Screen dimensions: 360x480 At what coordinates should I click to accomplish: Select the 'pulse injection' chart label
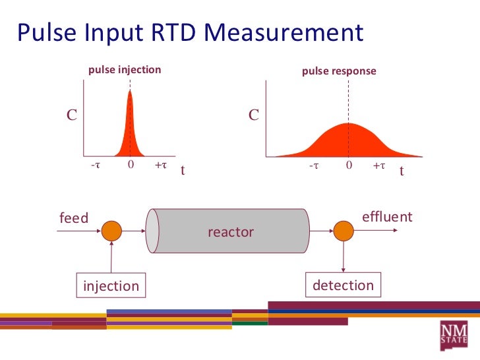tap(125, 69)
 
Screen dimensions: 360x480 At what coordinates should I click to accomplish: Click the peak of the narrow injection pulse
tap(131, 92)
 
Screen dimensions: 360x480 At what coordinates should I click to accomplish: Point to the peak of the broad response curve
tap(348, 124)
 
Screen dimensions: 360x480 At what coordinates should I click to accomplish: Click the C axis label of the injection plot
tap(71, 115)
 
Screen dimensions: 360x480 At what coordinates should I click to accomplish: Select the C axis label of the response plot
tap(254, 115)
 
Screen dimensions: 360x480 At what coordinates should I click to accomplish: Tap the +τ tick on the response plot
tap(378, 166)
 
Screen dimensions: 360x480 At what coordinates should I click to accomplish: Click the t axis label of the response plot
tap(401, 171)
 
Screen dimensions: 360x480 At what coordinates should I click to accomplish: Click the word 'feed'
tap(74, 218)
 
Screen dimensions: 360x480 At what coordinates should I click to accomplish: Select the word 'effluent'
tap(387, 217)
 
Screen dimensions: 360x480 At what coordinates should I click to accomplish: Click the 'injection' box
tap(111, 286)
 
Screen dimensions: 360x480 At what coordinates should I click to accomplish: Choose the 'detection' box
tap(343, 285)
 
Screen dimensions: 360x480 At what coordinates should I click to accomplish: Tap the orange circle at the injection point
tap(111, 231)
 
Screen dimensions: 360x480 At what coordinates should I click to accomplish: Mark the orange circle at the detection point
tap(344, 231)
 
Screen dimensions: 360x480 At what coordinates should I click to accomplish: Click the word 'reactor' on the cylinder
tap(230, 232)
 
